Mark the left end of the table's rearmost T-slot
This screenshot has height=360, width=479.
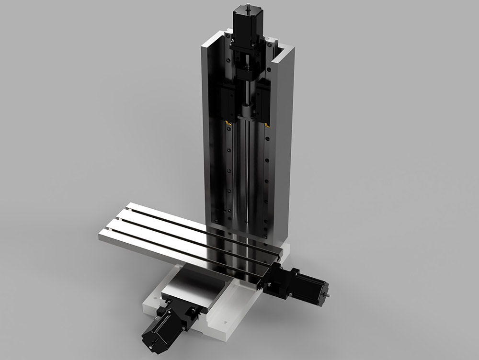(130, 209)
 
